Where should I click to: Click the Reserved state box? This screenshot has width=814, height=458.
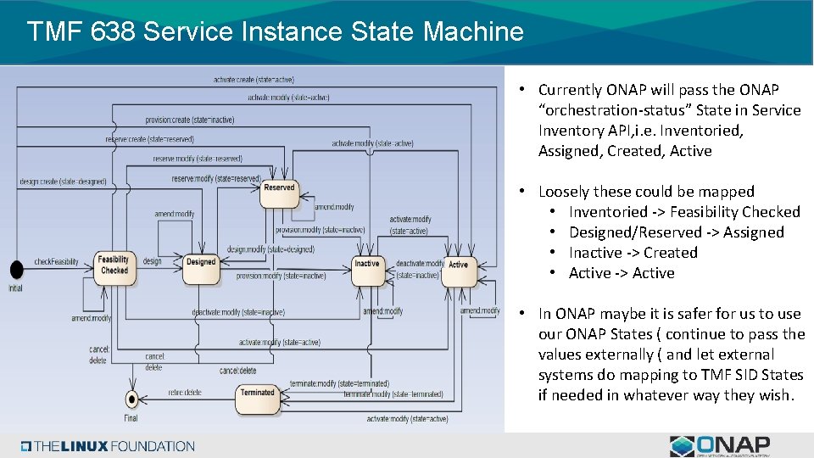tap(279, 192)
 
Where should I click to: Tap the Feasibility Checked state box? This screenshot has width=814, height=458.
tap(114, 265)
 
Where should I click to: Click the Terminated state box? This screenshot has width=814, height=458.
tap(257, 397)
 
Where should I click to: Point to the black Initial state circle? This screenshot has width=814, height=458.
tap(16, 269)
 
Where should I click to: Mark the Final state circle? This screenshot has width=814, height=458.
tap(131, 399)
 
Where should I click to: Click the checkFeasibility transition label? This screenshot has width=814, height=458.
tap(56, 261)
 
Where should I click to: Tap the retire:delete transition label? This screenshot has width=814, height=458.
tap(185, 393)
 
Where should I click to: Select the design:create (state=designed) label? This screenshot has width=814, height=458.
tap(64, 182)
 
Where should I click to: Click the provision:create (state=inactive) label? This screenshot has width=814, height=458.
tap(190, 120)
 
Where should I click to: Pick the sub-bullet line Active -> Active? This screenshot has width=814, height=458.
tap(622, 273)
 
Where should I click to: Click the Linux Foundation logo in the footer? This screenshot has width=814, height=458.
tap(108, 446)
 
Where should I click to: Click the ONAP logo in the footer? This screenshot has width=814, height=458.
tap(720, 446)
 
